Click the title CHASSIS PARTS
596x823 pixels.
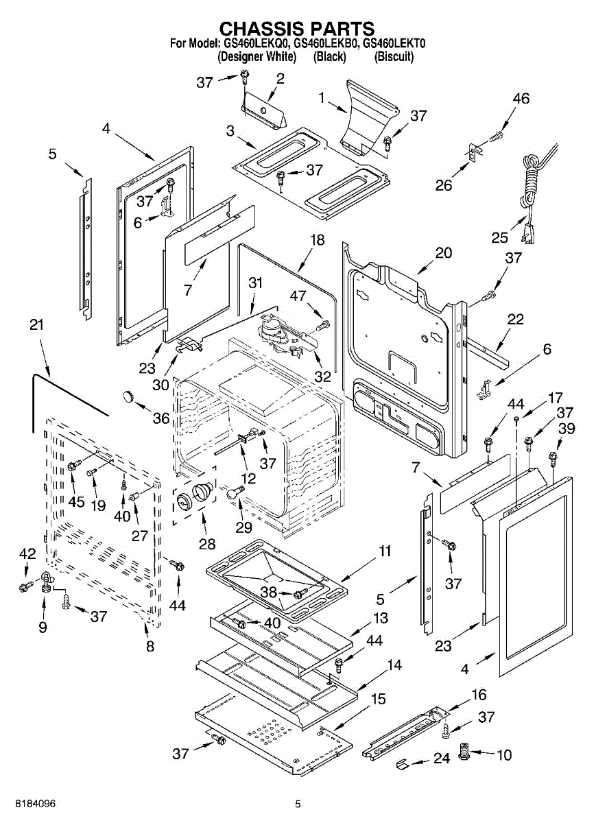click(296, 28)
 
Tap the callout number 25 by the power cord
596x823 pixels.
click(499, 237)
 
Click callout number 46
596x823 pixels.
click(521, 99)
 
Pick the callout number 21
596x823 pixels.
click(36, 325)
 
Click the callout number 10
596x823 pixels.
click(504, 755)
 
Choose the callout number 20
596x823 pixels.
click(444, 252)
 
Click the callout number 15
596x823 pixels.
click(379, 699)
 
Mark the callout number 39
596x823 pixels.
click(567, 428)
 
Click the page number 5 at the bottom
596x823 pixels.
click(298, 804)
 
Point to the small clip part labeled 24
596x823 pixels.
click(403, 763)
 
